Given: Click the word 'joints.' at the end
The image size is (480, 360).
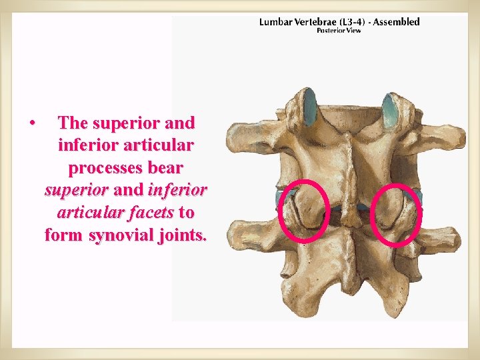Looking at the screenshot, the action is coord(183,235).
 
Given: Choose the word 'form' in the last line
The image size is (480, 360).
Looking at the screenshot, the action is coord(64,235).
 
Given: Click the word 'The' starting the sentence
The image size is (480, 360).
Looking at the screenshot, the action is coord(73,123).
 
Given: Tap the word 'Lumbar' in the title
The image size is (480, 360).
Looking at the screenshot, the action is coord(275,22).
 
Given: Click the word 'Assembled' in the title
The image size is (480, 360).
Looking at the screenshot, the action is coord(397,22).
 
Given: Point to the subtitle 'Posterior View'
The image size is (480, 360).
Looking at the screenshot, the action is coord(339,31).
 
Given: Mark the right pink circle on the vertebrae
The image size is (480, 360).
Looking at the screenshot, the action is coord(396,213).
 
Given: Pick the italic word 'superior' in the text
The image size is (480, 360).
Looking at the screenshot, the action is coord(77,190).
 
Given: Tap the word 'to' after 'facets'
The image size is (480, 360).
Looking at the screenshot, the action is coord(187,213).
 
